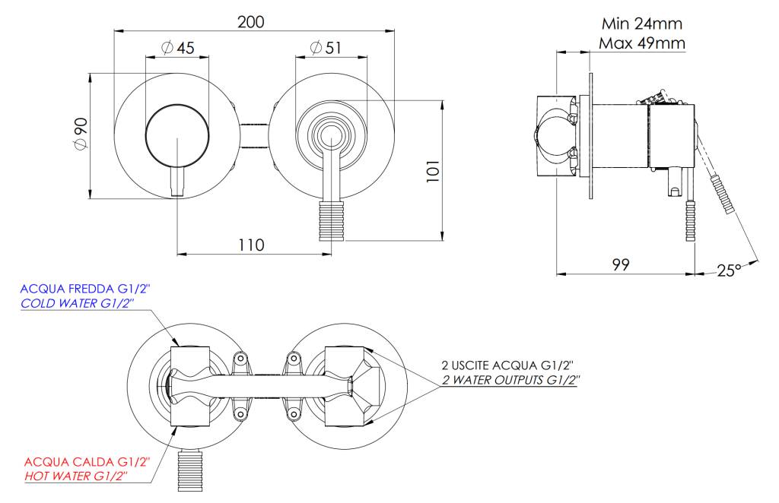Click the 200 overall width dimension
click(251, 22)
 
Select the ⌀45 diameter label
click(178, 48)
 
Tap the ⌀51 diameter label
click(326, 48)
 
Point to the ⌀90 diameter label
click(81, 134)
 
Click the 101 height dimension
click(433, 171)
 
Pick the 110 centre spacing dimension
click(251, 245)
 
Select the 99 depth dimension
click(621, 264)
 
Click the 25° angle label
click(728, 270)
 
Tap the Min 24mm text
click(642, 24)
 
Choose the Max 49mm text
click(642, 43)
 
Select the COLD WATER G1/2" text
click(78, 303)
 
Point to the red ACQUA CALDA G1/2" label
click(87, 462)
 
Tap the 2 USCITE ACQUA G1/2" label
click(507, 365)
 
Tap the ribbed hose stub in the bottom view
click(190, 470)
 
